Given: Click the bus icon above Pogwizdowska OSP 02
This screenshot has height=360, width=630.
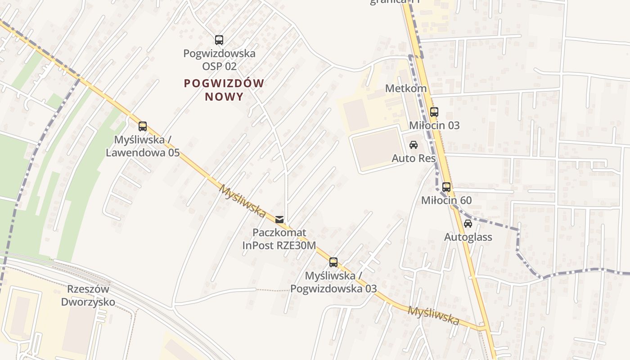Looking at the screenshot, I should click(x=219, y=40).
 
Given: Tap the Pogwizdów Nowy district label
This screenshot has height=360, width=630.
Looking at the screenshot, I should click(x=224, y=90).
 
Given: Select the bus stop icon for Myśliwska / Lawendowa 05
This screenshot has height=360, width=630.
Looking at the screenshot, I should click(x=143, y=126).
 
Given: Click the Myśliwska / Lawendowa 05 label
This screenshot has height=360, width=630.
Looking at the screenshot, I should click(x=143, y=146).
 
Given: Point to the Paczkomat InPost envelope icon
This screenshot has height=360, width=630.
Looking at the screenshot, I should click(x=279, y=220).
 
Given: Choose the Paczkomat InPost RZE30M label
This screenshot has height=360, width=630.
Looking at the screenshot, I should click(x=279, y=239).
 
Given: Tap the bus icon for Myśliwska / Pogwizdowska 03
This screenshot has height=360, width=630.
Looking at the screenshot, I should click(x=333, y=262).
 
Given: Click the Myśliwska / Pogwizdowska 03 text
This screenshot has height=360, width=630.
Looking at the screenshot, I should click(x=333, y=282).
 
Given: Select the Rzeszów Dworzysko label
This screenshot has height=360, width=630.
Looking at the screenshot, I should click(x=88, y=295).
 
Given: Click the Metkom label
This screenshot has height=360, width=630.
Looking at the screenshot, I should click(x=406, y=88).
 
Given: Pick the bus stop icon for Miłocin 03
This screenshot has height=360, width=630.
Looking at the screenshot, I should click(x=434, y=112).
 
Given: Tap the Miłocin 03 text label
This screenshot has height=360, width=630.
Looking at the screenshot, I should click(x=434, y=125).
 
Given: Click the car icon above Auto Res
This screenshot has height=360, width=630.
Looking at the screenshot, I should click(x=414, y=145).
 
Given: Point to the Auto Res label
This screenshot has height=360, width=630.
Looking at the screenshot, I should click(x=414, y=158).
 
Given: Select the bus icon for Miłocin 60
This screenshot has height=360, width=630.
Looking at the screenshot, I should click(x=446, y=187).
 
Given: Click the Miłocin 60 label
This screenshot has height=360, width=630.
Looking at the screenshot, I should click(x=446, y=200).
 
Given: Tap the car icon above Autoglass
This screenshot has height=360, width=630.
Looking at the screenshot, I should click(x=468, y=224).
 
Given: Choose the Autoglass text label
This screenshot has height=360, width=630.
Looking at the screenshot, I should click(x=468, y=237).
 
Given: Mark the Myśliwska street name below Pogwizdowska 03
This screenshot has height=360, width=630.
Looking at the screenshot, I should click(x=433, y=315).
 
